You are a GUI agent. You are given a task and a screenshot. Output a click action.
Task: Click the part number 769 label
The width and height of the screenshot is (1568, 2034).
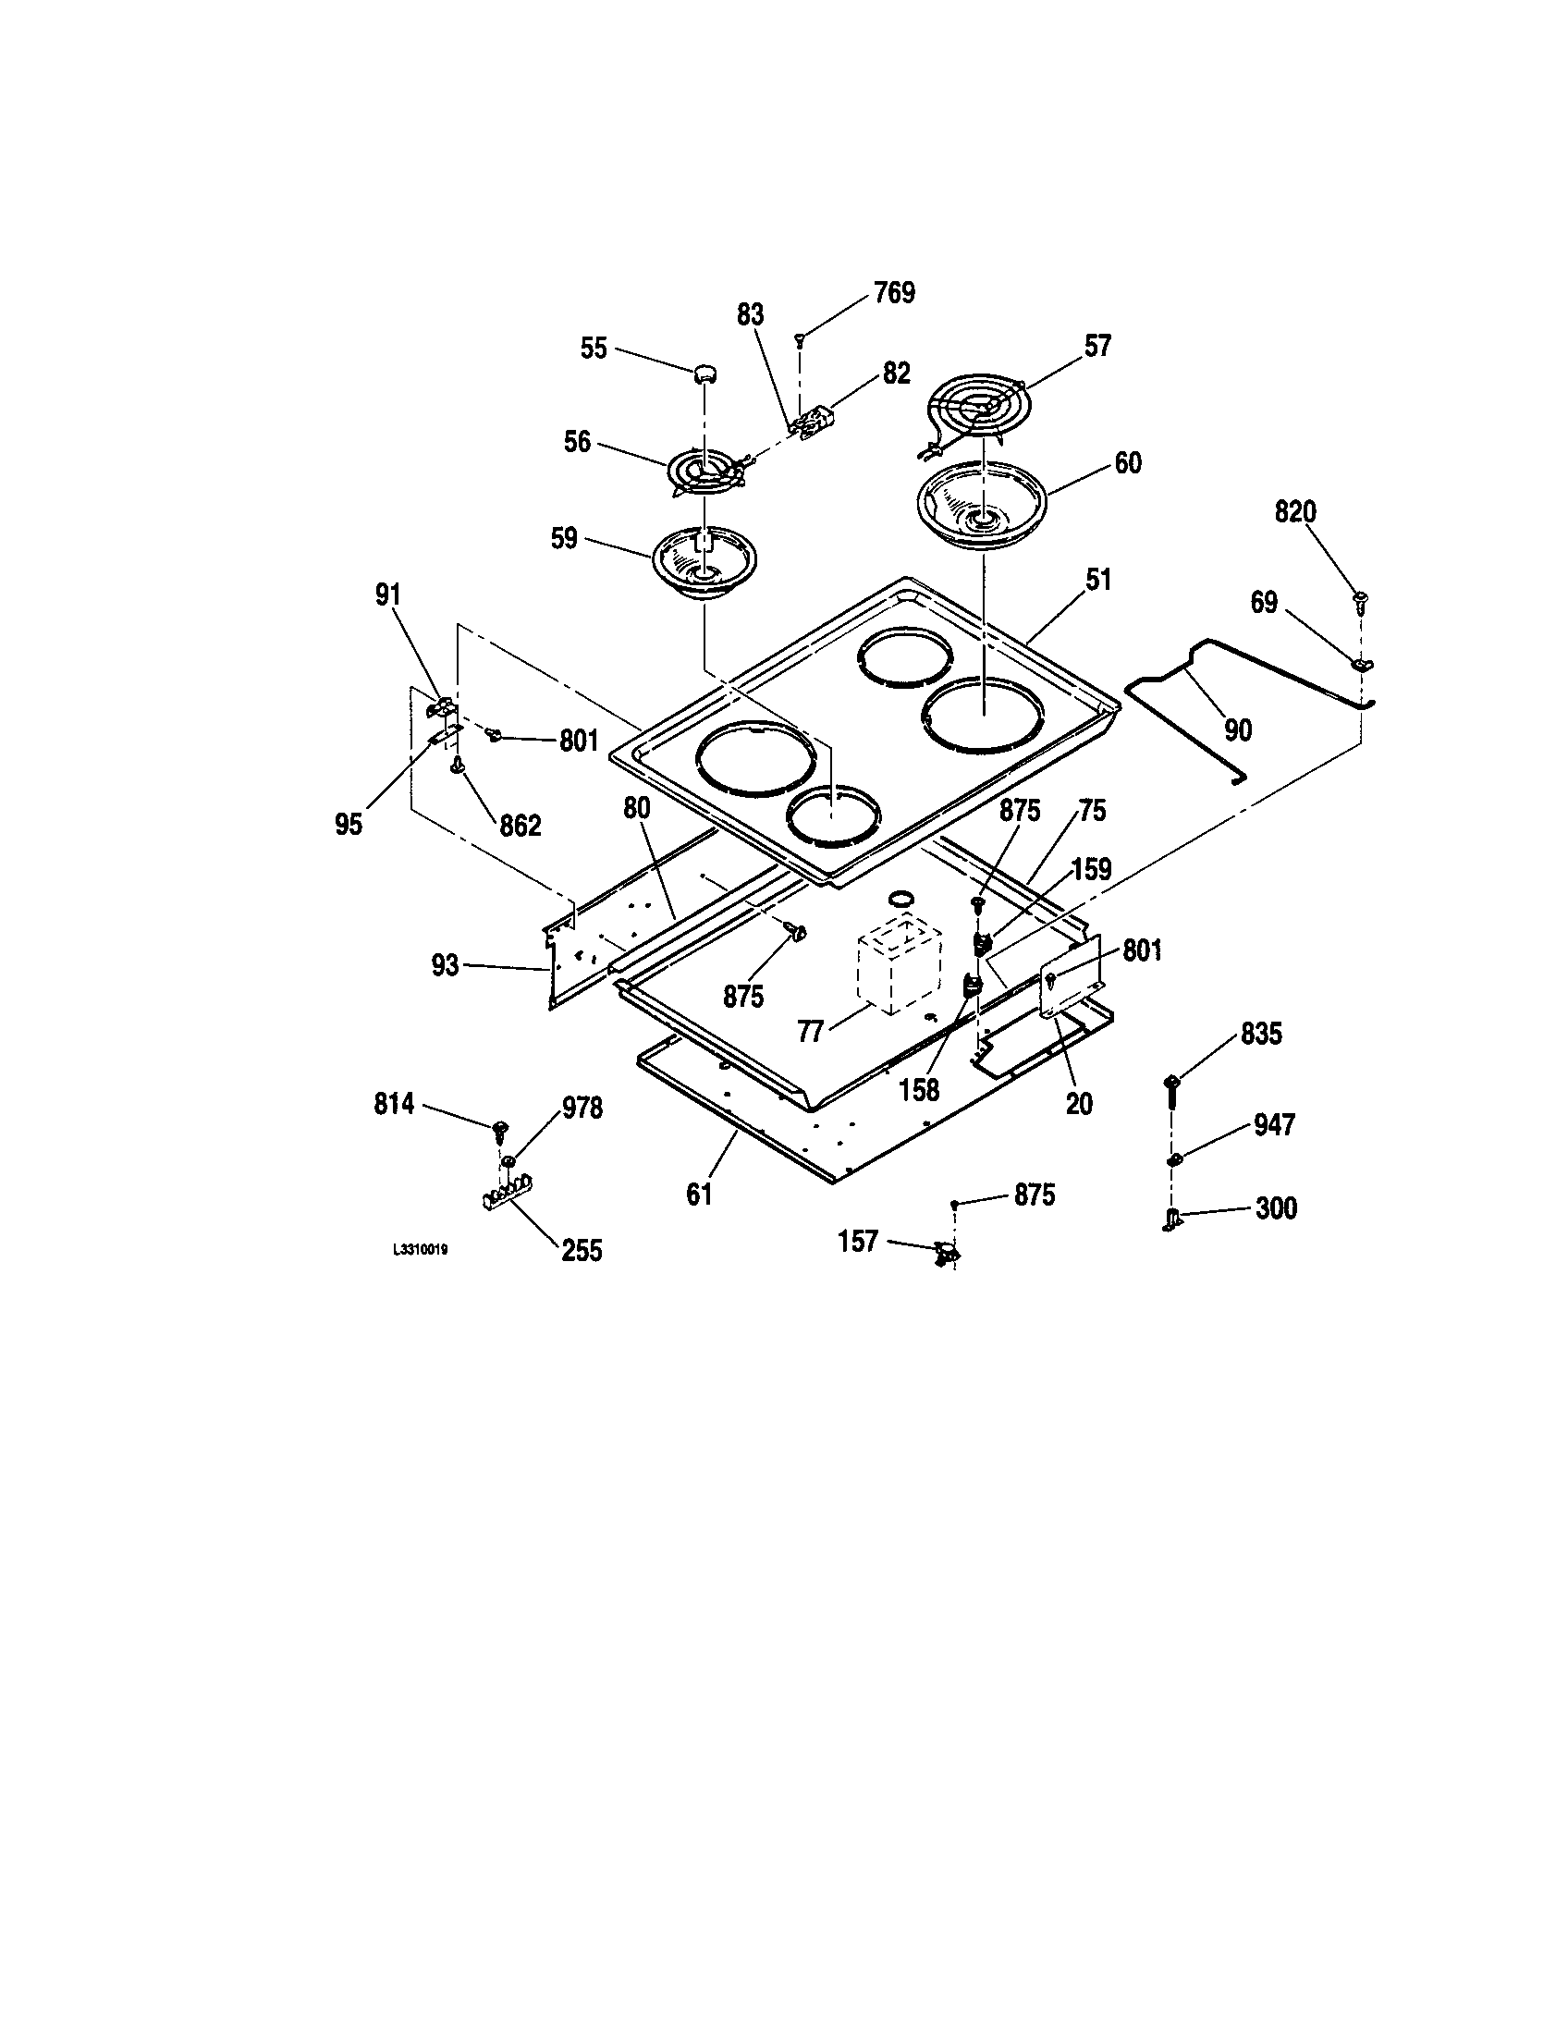point(894,293)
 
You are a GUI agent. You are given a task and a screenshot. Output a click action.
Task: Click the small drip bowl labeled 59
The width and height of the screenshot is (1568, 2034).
point(704,562)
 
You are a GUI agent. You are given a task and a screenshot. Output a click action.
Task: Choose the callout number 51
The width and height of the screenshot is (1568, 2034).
point(1098,580)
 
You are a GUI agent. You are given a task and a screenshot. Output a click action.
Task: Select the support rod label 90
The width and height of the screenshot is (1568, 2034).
point(1237,729)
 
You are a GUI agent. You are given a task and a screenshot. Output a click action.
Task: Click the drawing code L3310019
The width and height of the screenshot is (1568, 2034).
point(421,1250)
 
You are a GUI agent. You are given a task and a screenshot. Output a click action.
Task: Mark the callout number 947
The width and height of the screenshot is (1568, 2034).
point(1274,1125)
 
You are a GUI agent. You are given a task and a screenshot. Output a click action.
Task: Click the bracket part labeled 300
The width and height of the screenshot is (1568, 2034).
point(1171,1218)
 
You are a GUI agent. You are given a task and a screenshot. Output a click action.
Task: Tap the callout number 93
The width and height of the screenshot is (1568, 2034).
point(445,966)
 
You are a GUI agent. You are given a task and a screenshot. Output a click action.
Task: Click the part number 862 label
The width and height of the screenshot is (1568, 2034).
point(520,825)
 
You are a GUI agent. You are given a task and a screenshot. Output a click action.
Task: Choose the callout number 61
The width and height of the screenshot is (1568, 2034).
point(699,1194)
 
